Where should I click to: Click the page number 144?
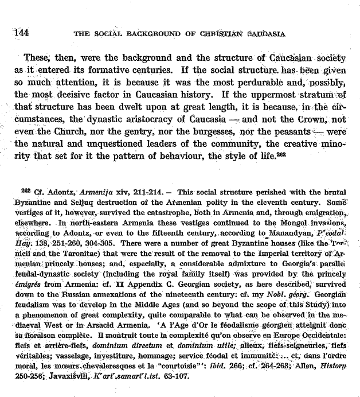(x=22, y=32)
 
